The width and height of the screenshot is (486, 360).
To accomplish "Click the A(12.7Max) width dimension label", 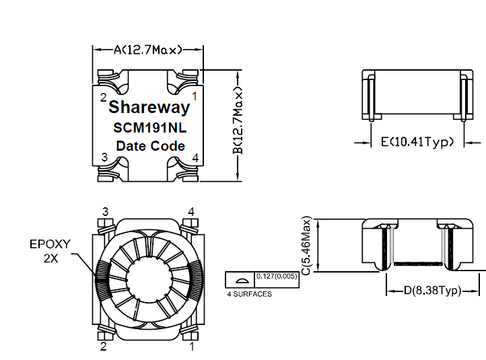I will pyautogui.click(x=147, y=50).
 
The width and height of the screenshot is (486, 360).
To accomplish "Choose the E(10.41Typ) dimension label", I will pyautogui.click(x=418, y=142).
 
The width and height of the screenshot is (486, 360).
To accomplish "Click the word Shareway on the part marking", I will pyautogui.click(x=149, y=107).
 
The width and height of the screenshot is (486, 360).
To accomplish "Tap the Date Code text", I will pyautogui.click(x=150, y=145).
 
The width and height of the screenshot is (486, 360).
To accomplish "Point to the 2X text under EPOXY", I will pyautogui.click(x=51, y=258).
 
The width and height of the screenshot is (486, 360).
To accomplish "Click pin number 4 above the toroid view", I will pyautogui.click(x=191, y=211).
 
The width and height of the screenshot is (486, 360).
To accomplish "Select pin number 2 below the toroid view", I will pyautogui.click(x=103, y=347).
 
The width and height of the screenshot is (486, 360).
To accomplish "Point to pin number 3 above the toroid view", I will pyautogui.click(x=105, y=211).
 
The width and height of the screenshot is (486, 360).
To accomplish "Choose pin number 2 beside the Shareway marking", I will pyautogui.click(x=103, y=97).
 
